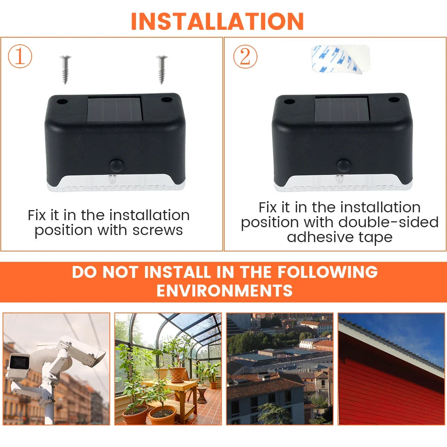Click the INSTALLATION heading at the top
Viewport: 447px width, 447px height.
(217, 21)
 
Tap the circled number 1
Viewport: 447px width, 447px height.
(20, 56)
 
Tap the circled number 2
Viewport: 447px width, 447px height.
(245, 57)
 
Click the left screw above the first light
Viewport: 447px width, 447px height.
(65, 70)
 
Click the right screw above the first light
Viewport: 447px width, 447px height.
(162, 70)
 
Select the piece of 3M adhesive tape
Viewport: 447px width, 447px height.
(340, 59)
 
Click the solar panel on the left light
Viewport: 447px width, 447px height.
(115, 109)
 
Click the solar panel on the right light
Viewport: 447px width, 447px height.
(342, 109)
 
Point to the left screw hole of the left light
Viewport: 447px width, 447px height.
(62, 102)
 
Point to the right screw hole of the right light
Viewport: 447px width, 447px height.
(394, 100)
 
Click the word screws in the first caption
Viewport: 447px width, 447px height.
(158, 230)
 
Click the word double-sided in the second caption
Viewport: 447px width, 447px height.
(389, 222)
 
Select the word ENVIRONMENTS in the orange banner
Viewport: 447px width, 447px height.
(225, 291)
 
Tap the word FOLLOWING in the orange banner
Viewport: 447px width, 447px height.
(327, 272)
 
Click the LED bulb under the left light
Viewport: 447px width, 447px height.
(112, 179)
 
